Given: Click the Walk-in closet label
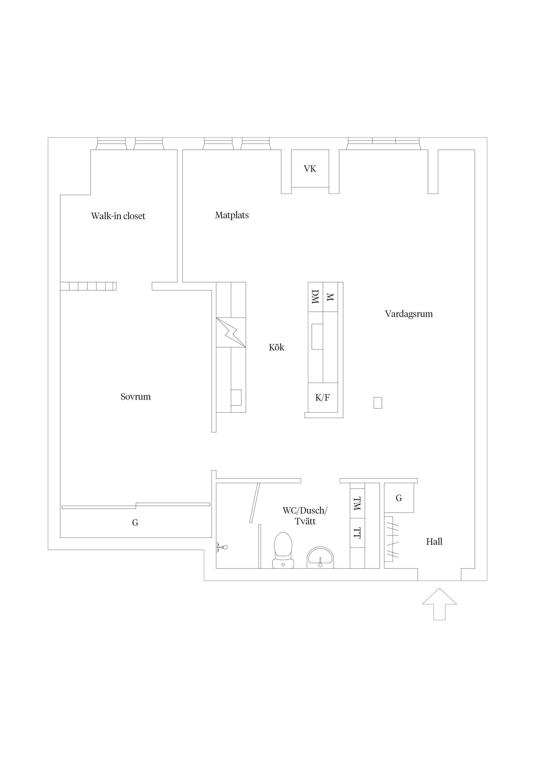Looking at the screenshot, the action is (118, 216).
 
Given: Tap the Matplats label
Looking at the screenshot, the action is (232, 215).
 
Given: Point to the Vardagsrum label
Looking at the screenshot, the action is (409, 314).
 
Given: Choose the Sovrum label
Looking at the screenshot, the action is (135, 397).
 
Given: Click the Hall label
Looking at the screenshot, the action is (434, 541).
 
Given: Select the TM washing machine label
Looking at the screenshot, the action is (357, 503).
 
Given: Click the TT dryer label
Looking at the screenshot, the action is (357, 533).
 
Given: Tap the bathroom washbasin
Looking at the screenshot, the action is (320, 558).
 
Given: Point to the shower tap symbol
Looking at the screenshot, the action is (222, 547).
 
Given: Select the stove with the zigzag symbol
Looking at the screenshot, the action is (231, 332).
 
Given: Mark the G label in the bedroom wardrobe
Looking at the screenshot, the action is (135, 523).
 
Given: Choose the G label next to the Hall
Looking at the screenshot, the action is (399, 498).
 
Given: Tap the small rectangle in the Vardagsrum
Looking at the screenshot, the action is (378, 403).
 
